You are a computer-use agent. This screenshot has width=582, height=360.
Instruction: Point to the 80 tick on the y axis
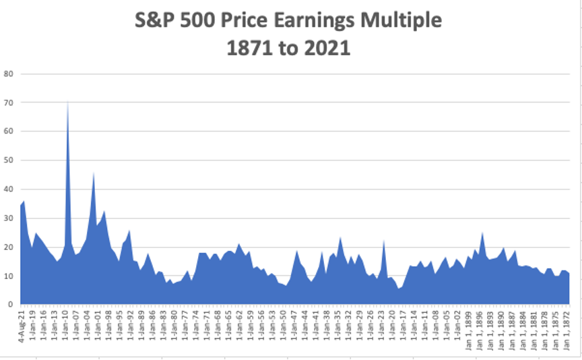coord(9,73)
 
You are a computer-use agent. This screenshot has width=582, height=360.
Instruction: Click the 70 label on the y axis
coord(9,102)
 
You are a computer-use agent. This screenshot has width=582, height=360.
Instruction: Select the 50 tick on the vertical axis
coord(9,160)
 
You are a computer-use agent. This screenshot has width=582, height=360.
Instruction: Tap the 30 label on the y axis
coord(9,218)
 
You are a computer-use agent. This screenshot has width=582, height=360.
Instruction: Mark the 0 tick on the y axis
coord(11,305)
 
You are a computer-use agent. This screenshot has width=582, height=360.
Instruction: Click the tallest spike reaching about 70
coord(67,104)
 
